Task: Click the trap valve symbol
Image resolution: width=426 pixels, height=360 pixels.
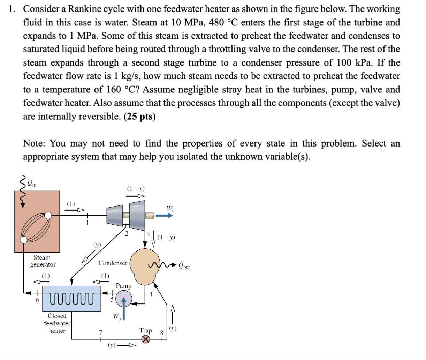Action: point(145,339)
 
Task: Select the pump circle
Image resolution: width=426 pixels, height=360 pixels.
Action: point(123,299)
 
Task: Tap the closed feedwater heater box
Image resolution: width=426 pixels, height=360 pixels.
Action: point(71,299)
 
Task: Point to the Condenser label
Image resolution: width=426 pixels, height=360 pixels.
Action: point(113,263)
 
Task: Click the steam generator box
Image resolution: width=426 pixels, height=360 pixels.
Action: point(37,221)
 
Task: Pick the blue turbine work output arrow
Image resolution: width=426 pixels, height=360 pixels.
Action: point(164,216)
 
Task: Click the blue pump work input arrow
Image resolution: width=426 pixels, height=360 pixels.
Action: point(123,309)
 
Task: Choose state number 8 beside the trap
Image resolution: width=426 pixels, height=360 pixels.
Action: point(161,332)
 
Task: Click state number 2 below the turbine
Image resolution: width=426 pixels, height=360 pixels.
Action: point(127,233)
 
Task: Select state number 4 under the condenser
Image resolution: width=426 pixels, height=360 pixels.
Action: point(151,294)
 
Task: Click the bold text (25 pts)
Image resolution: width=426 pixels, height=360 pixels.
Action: point(139,116)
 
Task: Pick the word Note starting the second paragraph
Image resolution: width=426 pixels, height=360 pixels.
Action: point(34,143)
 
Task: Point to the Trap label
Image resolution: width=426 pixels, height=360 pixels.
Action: point(146,330)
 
